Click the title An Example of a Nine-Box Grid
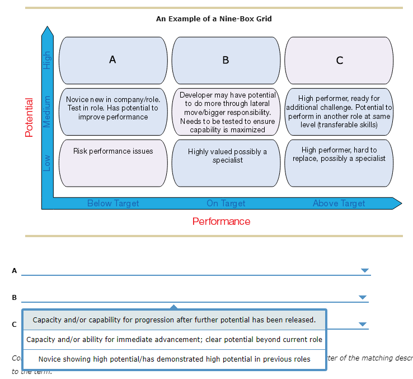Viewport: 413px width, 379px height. click(x=214, y=19)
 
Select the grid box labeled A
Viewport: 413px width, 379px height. click(x=112, y=60)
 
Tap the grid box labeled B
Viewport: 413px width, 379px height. click(x=226, y=60)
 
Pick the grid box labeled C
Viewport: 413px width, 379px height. click(x=339, y=60)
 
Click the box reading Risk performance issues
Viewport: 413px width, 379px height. click(x=112, y=163)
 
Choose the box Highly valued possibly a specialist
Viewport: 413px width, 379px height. click(x=227, y=163)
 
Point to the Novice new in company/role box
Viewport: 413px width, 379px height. click(x=112, y=111)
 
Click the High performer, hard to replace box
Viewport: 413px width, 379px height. click(x=339, y=163)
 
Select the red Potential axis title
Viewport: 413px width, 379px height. click(x=30, y=117)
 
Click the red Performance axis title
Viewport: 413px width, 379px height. click(x=221, y=221)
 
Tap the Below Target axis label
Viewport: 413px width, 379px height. click(x=113, y=204)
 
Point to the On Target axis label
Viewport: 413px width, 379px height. click(x=226, y=204)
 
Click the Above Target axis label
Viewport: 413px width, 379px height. click(x=339, y=204)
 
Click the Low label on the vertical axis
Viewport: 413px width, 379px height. click(x=48, y=163)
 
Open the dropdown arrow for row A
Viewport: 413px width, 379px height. click(x=365, y=271)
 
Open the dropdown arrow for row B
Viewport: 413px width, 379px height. click(x=363, y=297)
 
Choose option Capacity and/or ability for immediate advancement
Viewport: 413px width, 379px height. click(x=174, y=340)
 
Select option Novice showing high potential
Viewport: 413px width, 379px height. click(x=174, y=359)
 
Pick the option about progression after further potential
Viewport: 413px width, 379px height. click(x=174, y=320)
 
